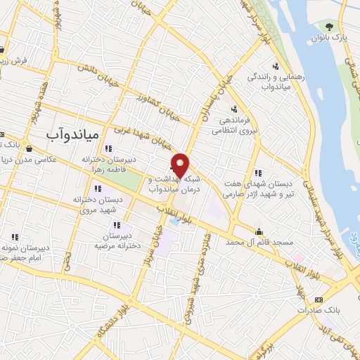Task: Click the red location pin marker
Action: click(x=181, y=165)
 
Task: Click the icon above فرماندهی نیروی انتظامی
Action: click(x=234, y=108)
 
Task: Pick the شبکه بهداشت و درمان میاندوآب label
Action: click(x=174, y=185)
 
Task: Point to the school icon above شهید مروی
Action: click(x=97, y=189)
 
